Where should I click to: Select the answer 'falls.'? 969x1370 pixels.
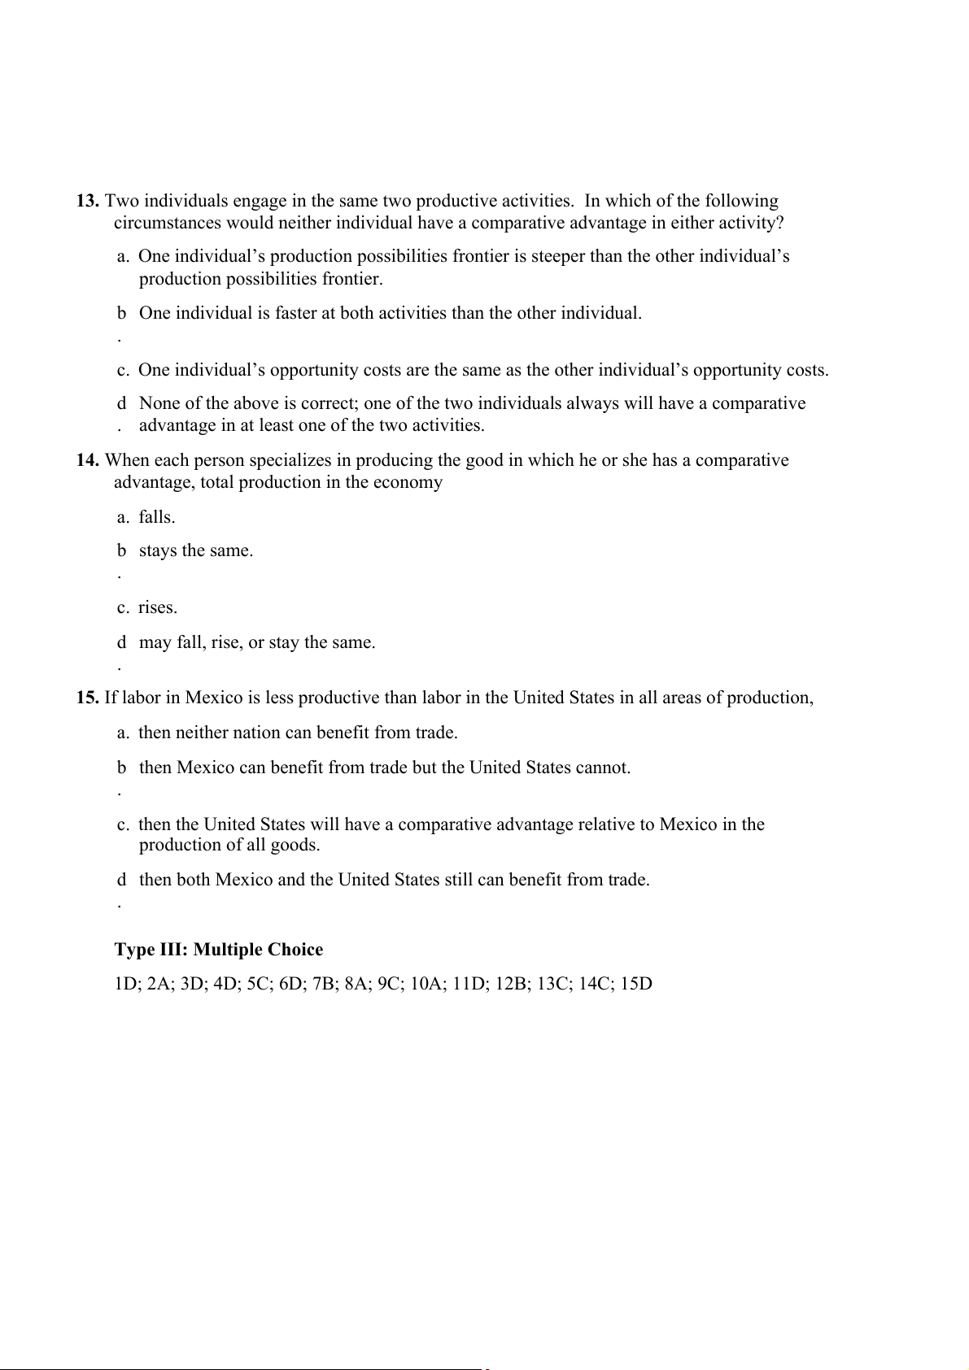tap(157, 517)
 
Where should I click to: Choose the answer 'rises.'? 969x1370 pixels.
tap(158, 607)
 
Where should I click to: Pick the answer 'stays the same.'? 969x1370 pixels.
tap(196, 550)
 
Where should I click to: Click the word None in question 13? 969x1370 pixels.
tap(159, 403)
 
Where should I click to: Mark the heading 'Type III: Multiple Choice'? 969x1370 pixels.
tap(219, 950)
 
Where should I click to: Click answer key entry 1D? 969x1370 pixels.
tap(128, 984)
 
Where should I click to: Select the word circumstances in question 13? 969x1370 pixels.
tap(168, 223)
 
